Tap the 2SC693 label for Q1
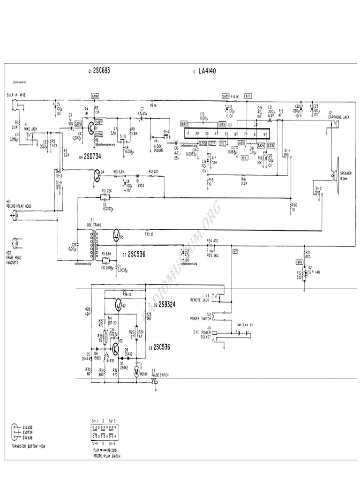102,70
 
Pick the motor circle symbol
136,372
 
